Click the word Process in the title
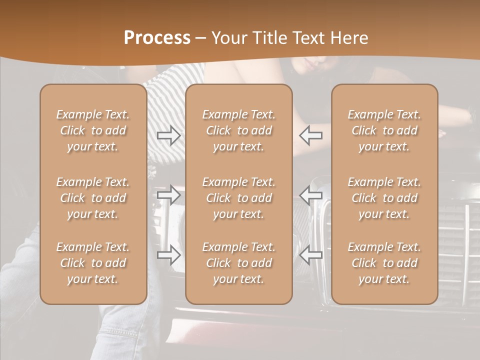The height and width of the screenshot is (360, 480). (x=157, y=38)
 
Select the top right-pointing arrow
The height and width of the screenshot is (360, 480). (x=169, y=135)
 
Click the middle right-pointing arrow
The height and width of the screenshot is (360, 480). (x=169, y=195)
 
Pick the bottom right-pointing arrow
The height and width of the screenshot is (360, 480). (x=169, y=255)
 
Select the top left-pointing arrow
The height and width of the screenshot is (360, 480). (x=311, y=135)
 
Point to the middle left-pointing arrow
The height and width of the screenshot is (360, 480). (x=311, y=195)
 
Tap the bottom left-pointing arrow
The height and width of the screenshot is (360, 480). (x=311, y=255)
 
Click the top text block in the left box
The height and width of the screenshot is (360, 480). (x=93, y=130)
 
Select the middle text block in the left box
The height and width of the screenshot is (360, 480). (x=93, y=198)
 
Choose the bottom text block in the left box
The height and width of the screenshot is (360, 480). (x=93, y=263)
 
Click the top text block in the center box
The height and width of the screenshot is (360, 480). (x=239, y=130)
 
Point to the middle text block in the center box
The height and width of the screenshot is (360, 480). (x=239, y=198)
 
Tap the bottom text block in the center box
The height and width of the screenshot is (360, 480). (x=239, y=263)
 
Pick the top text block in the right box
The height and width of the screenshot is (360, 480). (x=384, y=130)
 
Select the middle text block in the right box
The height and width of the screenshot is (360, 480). (x=384, y=198)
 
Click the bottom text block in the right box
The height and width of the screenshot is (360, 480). (x=384, y=263)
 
